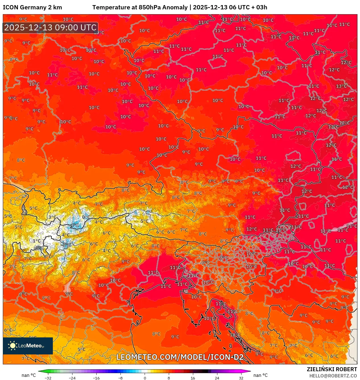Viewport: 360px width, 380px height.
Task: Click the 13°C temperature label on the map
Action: click(x=341, y=86)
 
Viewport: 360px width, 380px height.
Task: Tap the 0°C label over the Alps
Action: click(x=86, y=217)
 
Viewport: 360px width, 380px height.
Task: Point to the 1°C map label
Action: click(x=36, y=241)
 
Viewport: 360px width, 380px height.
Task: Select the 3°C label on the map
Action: click(x=52, y=217)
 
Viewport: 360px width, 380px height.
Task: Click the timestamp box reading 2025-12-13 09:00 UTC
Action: click(x=50, y=28)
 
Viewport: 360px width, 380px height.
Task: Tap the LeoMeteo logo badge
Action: click(x=28, y=346)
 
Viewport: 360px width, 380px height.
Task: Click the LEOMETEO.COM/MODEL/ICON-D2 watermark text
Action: click(x=180, y=357)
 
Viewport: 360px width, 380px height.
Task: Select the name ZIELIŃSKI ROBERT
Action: click(x=332, y=369)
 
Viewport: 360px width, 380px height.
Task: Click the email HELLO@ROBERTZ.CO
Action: click(x=333, y=376)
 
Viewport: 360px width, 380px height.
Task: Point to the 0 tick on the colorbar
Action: click(x=145, y=378)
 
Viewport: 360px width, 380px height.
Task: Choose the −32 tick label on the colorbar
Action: click(x=48, y=378)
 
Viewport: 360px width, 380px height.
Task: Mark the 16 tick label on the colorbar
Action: click(x=193, y=378)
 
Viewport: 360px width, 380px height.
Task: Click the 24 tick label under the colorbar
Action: click(x=217, y=378)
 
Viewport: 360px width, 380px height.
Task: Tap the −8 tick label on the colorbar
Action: click(x=120, y=378)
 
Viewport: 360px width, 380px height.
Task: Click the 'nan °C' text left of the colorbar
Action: click(x=29, y=375)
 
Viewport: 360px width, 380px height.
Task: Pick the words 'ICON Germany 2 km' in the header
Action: click(x=32, y=7)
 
